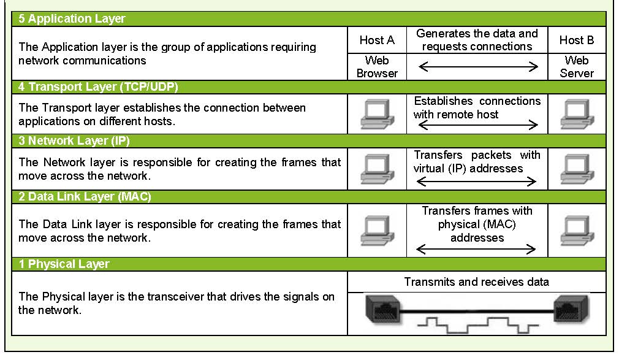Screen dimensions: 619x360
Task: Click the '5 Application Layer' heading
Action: coord(72,18)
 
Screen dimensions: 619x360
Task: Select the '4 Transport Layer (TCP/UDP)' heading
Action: coord(98,86)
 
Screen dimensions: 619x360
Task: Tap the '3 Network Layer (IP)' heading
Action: coord(74,140)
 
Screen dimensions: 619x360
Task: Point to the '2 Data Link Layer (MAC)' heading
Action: coord(85,196)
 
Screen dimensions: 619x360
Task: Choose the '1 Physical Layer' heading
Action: coord(64,264)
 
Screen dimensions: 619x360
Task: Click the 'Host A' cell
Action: coord(377,40)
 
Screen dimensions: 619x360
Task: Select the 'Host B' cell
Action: coord(577,40)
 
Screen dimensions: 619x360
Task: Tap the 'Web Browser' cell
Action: coord(377,67)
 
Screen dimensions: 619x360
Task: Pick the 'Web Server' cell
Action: coord(577,67)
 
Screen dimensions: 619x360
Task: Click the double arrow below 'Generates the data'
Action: coord(478,66)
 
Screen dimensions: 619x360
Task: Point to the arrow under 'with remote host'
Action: coord(478,125)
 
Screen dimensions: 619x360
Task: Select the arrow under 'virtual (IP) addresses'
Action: coord(476,182)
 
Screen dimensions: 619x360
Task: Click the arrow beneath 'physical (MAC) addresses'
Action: coord(476,249)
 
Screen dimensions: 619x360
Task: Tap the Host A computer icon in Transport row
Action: coord(377,114)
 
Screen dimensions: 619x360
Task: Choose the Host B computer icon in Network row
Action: coord(577,169)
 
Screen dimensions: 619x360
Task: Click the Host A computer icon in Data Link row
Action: coord(377,231)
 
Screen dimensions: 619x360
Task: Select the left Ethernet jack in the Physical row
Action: coord(383,308)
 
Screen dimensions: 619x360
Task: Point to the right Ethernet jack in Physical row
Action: coord(571,308)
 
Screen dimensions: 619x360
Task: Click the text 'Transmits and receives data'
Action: coord(476,281)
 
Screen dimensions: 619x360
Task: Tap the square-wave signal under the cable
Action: coord(477,326)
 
